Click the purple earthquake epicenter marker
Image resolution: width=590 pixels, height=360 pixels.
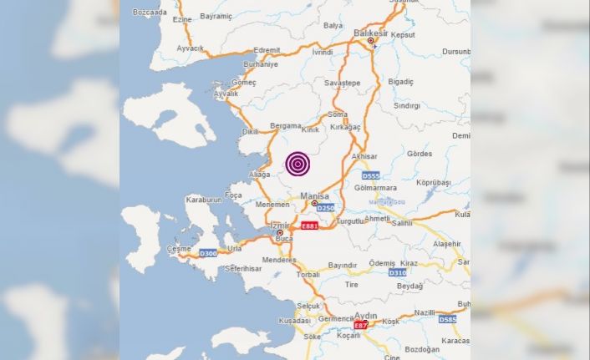tap(297, 164)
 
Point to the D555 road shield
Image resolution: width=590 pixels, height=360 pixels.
tap(371, 176)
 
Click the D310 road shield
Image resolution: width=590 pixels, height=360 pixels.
tap(398, 272)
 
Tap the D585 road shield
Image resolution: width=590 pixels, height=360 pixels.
tap(448, 318)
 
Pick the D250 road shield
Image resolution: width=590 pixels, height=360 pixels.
tap(326, 207)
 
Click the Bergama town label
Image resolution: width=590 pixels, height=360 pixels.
tap(285, 126)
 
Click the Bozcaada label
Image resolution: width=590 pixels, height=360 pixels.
tap(150, 13)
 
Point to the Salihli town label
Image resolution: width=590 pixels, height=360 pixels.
tap(402, 223)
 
